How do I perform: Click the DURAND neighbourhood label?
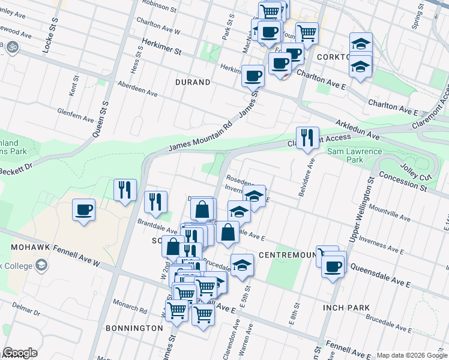(193, 82)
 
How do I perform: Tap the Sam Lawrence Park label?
(354, 155)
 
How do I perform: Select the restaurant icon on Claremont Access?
(307, 138)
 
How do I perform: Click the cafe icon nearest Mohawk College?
(83, 210)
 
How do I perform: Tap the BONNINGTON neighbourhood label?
(134, 328)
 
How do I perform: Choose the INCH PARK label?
(346, 308)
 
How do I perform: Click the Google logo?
(20, 353)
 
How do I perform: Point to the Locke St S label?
(50, 35)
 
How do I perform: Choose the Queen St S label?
(100, 120)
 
